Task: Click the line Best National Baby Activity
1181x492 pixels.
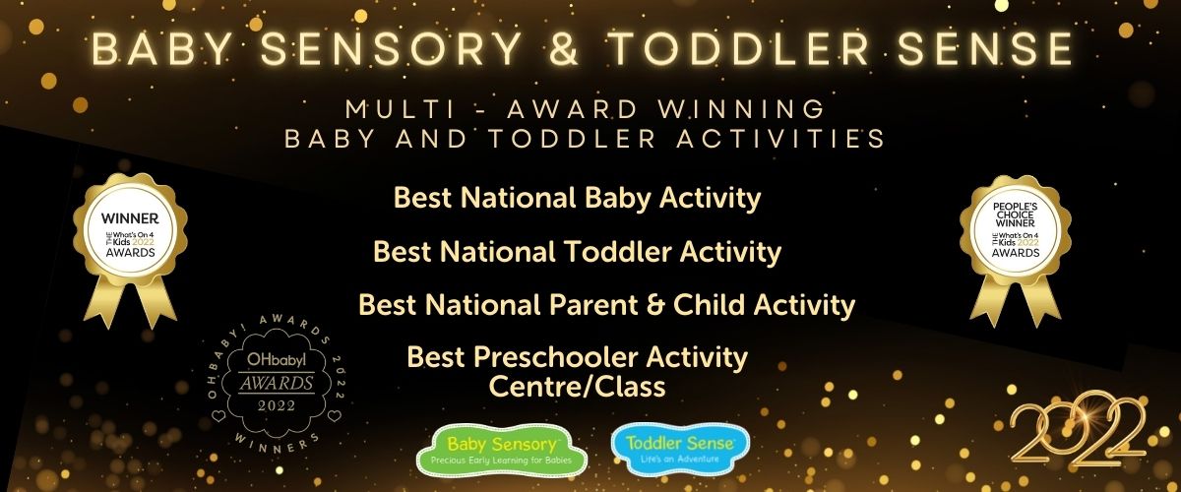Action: pos(578,198)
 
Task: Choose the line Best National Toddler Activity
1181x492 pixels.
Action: pos(578,252)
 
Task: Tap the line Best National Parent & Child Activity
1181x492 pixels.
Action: pos(606,304)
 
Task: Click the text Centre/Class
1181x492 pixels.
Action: pos(578,387)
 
